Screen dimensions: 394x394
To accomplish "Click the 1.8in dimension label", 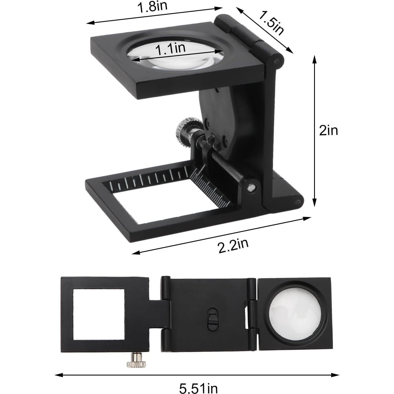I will (152, 7).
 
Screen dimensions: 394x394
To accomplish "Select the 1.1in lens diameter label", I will (170, 49).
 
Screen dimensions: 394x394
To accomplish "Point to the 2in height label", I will (329, 131).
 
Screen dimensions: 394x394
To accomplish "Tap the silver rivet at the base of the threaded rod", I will (251, 187).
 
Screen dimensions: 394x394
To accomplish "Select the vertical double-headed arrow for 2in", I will (314, 131).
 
